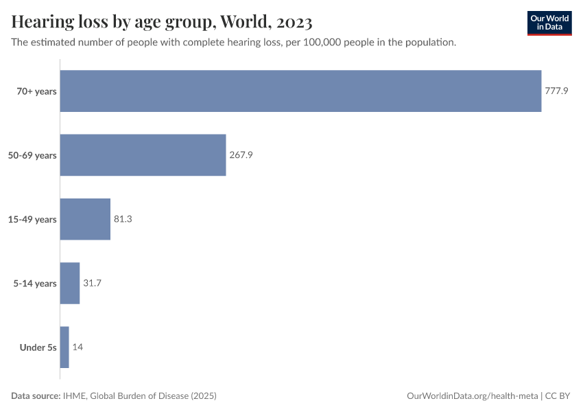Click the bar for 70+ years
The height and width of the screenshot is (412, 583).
pyautogui.click(x=300, y=91)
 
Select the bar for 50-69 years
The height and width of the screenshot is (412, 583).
pyautogui.click(x=143, y=155)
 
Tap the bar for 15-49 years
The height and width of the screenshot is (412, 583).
pyautogui.click(x=85, y=219)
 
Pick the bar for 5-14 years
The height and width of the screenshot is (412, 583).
pyautogui.click(x=70, y=283)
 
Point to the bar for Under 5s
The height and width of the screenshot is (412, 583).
pyautogui.click(x=64, y=347)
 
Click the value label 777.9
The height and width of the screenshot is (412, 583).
pyautogui.click(x=556, y=91)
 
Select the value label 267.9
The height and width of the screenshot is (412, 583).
pyautogui.click(x=241, y=155)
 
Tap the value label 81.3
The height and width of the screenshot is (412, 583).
pyautogui.click(x=123, y=219)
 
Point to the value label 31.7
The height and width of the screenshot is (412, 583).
pyautogui.click(x=92, y=283)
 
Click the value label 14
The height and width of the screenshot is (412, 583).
pyautogui.click(x=78, y=347)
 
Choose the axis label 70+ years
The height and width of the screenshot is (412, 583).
pyautogui.click(x=37, y=91)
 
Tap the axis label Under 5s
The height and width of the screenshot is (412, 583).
pyautogui.click(x=38, y=347)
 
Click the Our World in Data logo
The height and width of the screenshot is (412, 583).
pyautogui.click(x=549, y=23)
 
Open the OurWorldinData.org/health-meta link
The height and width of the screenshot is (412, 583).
pyautogui.click(x=473, y=396)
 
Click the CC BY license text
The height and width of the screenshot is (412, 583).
pyautogui.click(x=558, y=396)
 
